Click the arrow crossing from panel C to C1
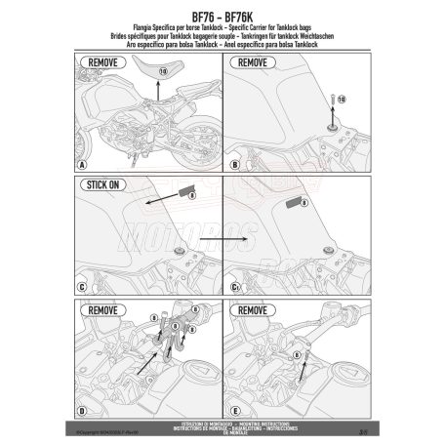point(220,238)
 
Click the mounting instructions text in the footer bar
point(222,423)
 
